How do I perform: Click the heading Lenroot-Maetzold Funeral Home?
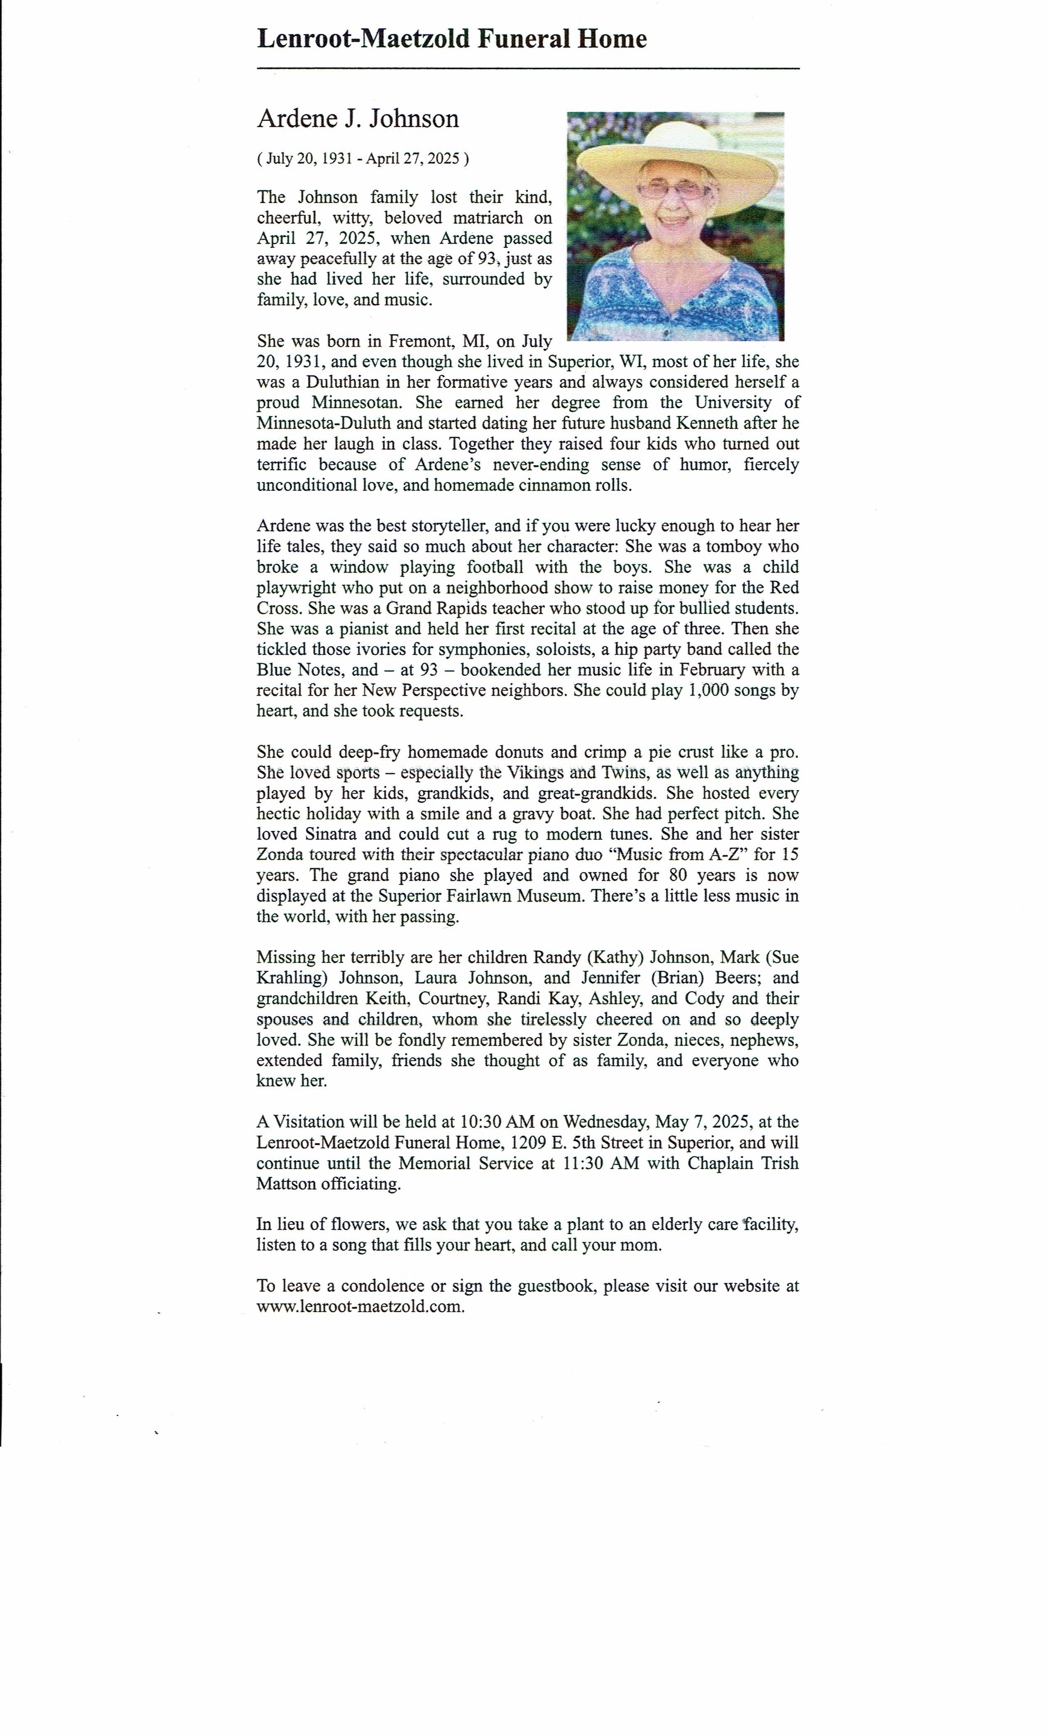(451, 39)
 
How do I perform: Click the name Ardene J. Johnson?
(358, 118)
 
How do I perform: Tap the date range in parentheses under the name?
(363, 158)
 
